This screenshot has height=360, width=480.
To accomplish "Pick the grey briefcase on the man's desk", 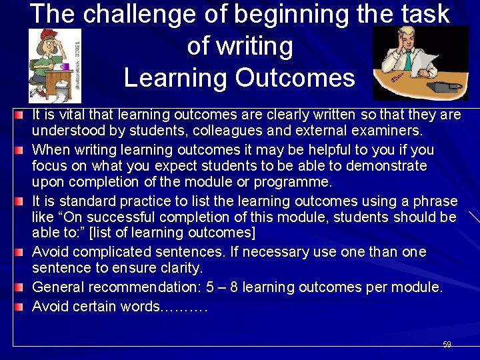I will tap(443, 87).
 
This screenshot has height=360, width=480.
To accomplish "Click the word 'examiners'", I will tap(393, 130).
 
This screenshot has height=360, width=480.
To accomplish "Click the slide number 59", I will tap(447, 345).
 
